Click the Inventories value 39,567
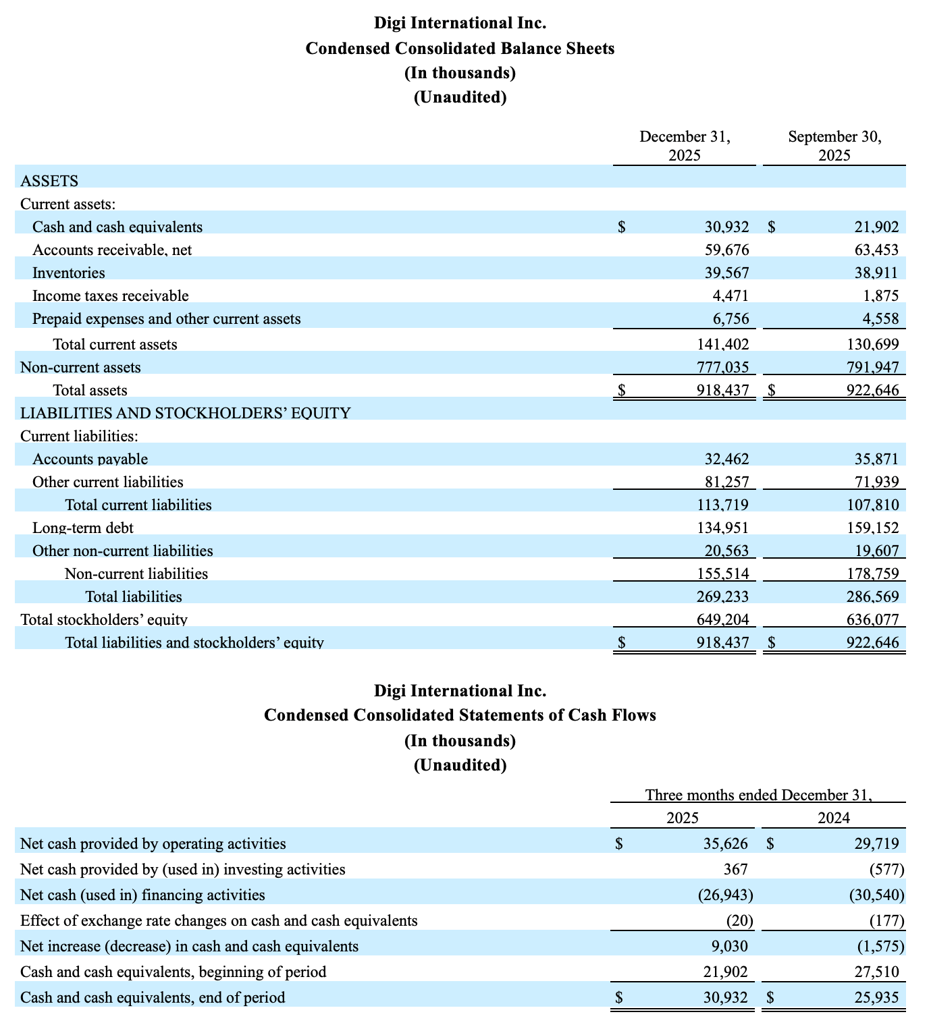pyautogui.click(x=726, y=273)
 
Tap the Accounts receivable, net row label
pyautogui.click(x=112, y=250)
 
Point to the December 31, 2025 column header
pyautogui.click(x=685, y=146)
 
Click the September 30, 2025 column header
pyautogui.click(x=834, y=146)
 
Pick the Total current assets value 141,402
pyautogui.click(x=722, y=344)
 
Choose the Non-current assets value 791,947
pyautogui.click(x=872, y=367)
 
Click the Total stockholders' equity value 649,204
pyautogui.click(x=722, y=619)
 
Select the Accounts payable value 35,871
pyautogui.click(x=876, y=459)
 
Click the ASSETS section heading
pyautogui.click(x=49, y=181)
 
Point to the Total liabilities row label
pyautogui.click(x=134, y=596)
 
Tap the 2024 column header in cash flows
pyautogui.click(x=834, y=818)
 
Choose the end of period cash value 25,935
pyautogui.click(x=876, y=997)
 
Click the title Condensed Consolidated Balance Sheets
pyautogui.click(x=460, y=49)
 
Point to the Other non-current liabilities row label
pyautogui.click(x=123, y=551)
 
